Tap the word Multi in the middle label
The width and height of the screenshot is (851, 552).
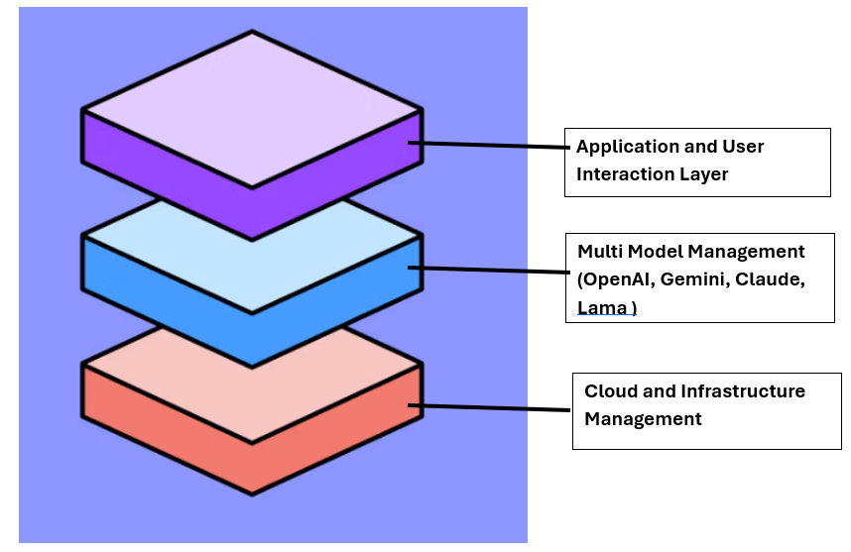[598, 252]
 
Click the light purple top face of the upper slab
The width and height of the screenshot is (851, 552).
[252, 107]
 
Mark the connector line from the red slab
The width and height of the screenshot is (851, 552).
[496, 407]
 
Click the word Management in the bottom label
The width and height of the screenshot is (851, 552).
[643, 418]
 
